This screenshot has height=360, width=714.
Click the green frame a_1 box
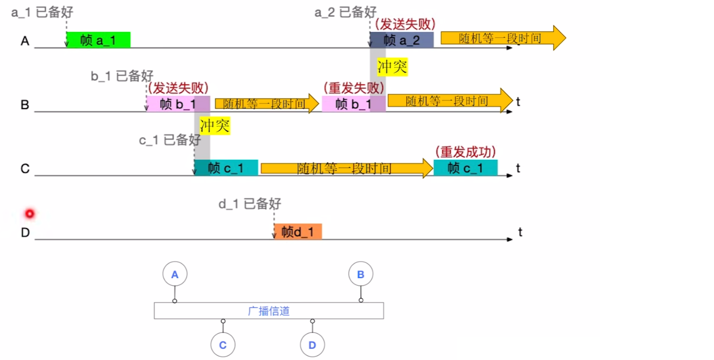click(x=98, y=40)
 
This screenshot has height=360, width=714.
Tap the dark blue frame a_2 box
click(x=401, y=40)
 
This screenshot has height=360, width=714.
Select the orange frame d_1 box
click(x=298, y=232)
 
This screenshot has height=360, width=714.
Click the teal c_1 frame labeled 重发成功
click(x=465, y=168)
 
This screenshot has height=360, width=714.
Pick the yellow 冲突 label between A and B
click(x=392, y=66)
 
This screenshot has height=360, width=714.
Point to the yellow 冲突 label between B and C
click(x=215, y=125)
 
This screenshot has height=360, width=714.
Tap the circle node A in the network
click(x=175, y=274)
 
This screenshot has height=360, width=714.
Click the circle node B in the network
click(x=361, y=274)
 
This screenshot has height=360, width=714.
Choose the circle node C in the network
click(x=223, y=345)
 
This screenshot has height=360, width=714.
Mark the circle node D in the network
click(x=313, y=345)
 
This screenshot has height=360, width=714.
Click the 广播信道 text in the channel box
click(x=268, y=311)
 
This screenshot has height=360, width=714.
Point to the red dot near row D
click(x=30, y=214)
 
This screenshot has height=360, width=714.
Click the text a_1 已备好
click(x=42, y=12)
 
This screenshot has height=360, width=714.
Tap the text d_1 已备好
click(x=250, y=203)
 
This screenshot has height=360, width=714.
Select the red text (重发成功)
click(x=465, y=152)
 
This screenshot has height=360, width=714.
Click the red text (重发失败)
click(x=354, y=88)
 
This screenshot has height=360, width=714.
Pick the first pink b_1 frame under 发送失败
click(x=178, y=104)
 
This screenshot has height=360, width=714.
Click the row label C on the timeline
click(x=25, y=169)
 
